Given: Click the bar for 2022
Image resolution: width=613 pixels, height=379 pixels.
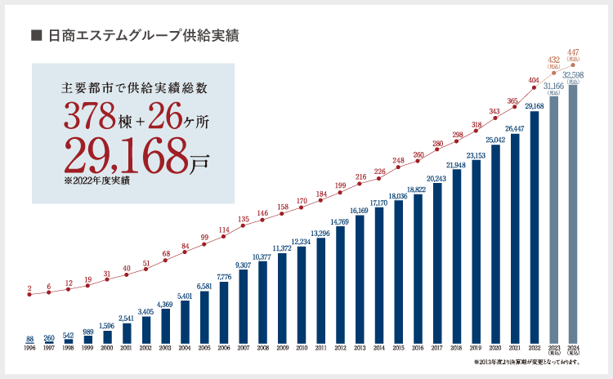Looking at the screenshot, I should pyautogui.click(x=535, y=226).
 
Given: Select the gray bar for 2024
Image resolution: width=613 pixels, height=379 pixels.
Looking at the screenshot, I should pyautogui.click(x=574, y=212).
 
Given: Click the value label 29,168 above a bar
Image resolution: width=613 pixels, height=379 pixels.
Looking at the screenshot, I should pyautogui.click(x=535, y=106).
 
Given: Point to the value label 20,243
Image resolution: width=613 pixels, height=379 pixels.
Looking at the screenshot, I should pyautogui.click(x=436, y=178).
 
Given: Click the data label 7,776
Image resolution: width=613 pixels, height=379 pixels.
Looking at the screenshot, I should pyautogui.click(x=224, y=277).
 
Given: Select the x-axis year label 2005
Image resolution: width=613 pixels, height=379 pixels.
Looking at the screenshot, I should pyautogui.click(x=204, y=348).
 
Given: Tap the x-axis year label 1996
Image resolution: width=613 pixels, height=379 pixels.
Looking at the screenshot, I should pyautogui.click(x=29, y=348).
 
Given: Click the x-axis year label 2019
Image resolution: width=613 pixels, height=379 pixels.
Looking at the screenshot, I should pyautogui.click(x=476, y=348).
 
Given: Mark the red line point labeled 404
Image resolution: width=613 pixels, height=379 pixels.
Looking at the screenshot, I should pyautogui.click(x=535, y=89).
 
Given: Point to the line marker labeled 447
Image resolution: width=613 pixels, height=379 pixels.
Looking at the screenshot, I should pyautogui.click(x=574, y=65).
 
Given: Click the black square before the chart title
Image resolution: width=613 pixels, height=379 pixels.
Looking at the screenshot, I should pyautogui.click(x=35, y=35).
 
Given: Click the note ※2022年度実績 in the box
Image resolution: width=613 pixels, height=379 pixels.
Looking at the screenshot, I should pyautogui.click(x=96, y=181).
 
